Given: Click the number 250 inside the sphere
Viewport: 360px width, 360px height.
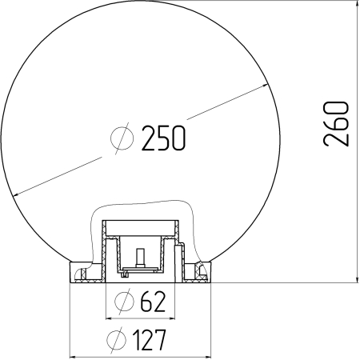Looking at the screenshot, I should tap(164, 138).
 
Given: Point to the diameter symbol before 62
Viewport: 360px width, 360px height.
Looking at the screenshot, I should tap(124, 302).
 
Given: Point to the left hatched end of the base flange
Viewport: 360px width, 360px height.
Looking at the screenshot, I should tap(80, 274).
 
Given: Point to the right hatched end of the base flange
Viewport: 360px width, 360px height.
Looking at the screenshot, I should tap(202, 274).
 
